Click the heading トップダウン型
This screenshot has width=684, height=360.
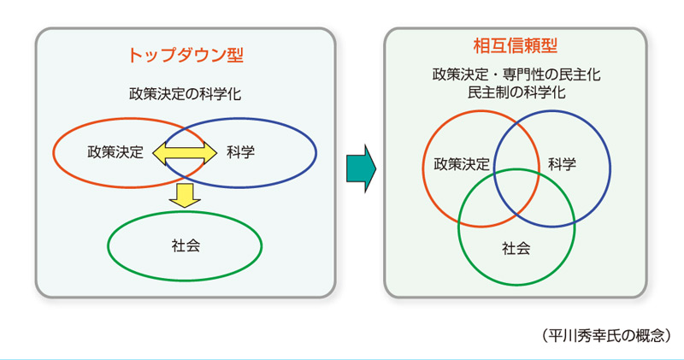click(186, 56)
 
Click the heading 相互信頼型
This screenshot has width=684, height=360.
click(516, 46)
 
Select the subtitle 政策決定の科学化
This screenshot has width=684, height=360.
click(185, 94)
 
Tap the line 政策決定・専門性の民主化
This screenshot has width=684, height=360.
click(516, 74)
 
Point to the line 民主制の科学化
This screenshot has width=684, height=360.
click(516, 92)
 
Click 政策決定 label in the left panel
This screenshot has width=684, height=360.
click(115, 152)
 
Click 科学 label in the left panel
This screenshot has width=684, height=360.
click(241, 152)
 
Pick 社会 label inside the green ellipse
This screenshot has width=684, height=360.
click(186, 245)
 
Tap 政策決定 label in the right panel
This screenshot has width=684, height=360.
click(462, 164)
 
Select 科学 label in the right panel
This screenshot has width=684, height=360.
click(562, 164)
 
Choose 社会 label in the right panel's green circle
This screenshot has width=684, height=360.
click(516, 248)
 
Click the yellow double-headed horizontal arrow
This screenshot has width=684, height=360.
click(185, 153)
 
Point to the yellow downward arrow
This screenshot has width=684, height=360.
click(185, 196)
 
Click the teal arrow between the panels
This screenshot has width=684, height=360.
click(361, 168)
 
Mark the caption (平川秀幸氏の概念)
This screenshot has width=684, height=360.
click(606, 335)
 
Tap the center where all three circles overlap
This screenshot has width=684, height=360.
click(517, 190)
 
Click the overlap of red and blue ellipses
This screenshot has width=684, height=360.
click(185, 153)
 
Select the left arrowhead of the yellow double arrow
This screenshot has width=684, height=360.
click(159, 153)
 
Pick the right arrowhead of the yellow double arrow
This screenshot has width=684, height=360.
click(210, 153)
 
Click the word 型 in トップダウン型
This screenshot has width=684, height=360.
click(235, 56)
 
